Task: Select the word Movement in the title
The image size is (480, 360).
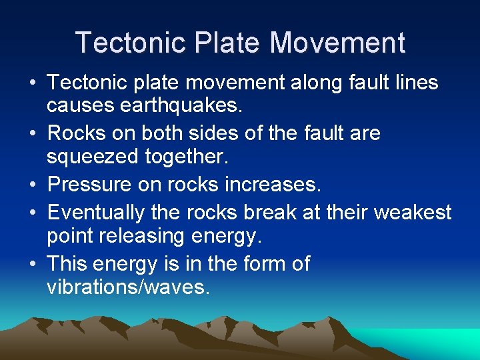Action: (x=337, y=43)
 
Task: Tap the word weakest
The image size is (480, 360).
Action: (x=413, y=213)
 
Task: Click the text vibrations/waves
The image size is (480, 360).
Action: (x=129, y=287)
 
